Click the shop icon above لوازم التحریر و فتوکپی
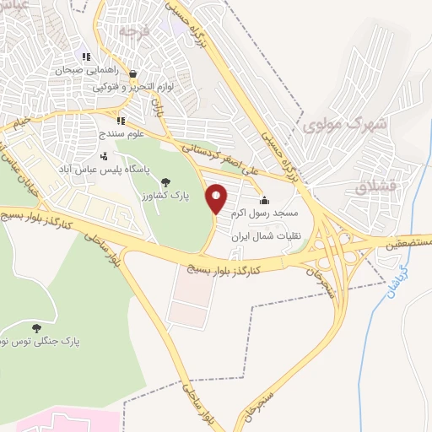pyautogui.click(x=133, y=73)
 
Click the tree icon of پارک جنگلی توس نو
pyautogui.click(x=35, y=327)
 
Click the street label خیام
pyautogui.click(x=21, y=123)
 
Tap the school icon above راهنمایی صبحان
pyautogui.click(x=88, y=57)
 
